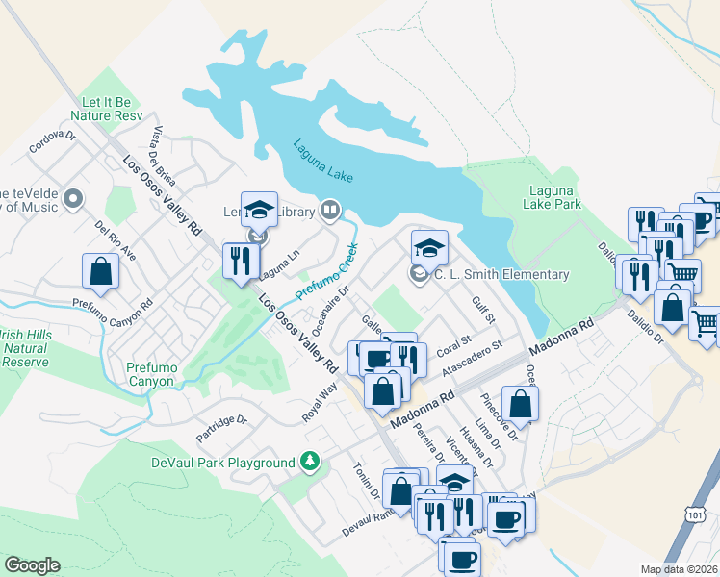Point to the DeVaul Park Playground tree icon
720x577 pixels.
[x=310, y=463]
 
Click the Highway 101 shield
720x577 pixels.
[x=697, y=545]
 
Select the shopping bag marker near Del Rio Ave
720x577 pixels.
[x=100, y=271]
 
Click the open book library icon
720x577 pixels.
[x=330, y=209]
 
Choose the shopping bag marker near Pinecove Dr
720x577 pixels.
[x=520, y=405]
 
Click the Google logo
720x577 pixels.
[x=32, y=565]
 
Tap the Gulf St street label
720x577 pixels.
[x=483, y=311]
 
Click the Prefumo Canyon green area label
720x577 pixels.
[x=150, y=374]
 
